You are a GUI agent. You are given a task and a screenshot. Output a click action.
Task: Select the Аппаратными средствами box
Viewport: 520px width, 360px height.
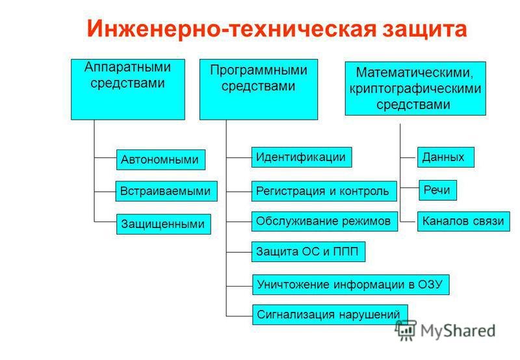coord(127,89)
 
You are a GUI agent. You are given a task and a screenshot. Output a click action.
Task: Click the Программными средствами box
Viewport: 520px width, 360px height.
coord(258,89)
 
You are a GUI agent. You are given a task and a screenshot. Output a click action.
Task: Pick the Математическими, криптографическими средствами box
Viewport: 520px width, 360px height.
coord(415,88)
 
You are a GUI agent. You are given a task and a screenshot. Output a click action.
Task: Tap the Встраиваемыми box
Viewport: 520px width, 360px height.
coord(165,191)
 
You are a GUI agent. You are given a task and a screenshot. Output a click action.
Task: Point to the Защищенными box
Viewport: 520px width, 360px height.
coord(163,224)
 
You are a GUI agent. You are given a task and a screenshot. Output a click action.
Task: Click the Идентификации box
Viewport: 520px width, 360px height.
coord(301,157)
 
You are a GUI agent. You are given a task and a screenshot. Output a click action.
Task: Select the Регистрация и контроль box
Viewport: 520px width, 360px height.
coord(323,190)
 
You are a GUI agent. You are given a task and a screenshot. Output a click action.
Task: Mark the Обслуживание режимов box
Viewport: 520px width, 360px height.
coord(324,221)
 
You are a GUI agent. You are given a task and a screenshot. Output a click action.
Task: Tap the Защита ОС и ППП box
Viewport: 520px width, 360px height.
coord(308,251)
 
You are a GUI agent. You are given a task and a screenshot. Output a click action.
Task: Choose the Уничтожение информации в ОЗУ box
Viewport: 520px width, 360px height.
coord(350,283)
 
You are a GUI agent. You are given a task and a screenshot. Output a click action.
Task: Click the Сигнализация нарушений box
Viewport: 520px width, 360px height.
coord(329,315)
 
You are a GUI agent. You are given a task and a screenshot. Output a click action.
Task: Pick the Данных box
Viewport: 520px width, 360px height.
coord(445,157)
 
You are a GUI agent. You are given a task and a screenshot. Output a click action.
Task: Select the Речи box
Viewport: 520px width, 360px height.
coord(437,190)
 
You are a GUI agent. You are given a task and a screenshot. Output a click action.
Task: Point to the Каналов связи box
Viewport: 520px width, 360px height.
coord(463,221)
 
